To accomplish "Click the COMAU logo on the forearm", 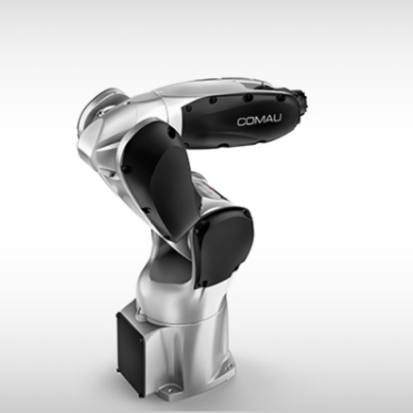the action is click(x=259, y=120).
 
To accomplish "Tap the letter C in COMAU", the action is click(x=242, y=122).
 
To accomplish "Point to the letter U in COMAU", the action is click(x=277, y=118).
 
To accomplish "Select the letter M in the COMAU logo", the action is click(x=259, y=121).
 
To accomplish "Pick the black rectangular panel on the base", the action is click(x=131, y=352).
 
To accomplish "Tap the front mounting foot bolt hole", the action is click(x=168, y=389).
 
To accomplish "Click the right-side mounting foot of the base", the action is click(x=228, y=367).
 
